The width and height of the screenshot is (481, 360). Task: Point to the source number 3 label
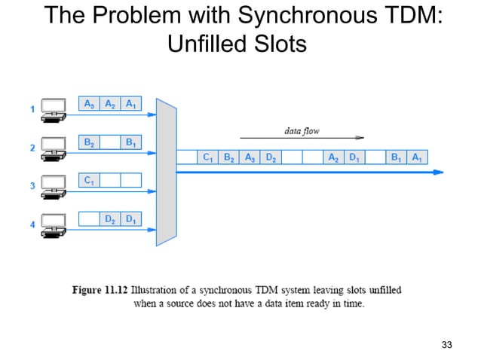32,186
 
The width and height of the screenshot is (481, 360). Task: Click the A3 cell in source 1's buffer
90,104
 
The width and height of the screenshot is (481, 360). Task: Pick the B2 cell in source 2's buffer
90,142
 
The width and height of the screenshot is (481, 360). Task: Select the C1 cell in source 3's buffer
90,180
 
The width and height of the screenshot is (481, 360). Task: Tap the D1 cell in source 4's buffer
131,219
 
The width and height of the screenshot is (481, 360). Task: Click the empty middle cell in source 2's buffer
110,142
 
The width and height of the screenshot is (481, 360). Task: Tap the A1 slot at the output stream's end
417,157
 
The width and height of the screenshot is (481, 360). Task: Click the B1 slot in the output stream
396,157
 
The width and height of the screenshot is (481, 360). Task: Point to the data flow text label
301,130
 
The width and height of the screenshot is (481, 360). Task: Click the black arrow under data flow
302,138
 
